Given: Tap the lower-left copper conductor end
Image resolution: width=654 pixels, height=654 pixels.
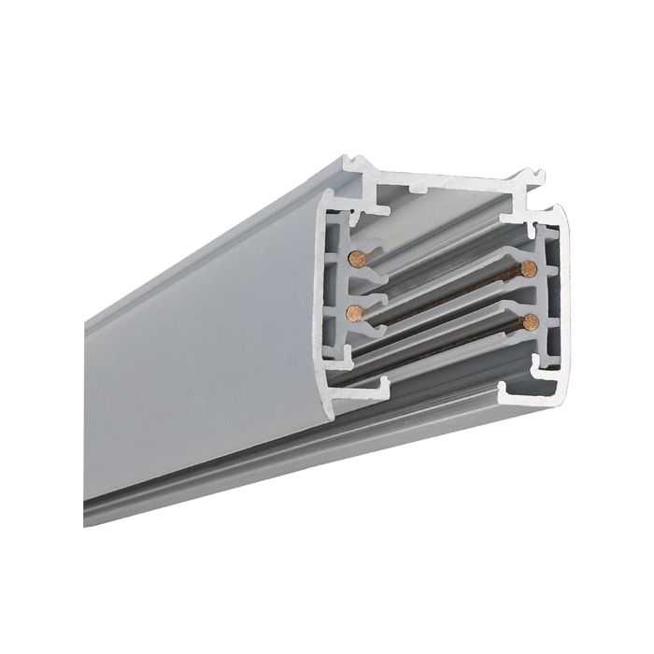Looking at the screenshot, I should tap(352, 311).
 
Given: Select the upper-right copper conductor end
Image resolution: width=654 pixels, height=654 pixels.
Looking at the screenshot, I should tap(529, 269).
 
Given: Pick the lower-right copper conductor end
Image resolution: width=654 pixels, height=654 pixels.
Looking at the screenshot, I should tap(531, 322).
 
